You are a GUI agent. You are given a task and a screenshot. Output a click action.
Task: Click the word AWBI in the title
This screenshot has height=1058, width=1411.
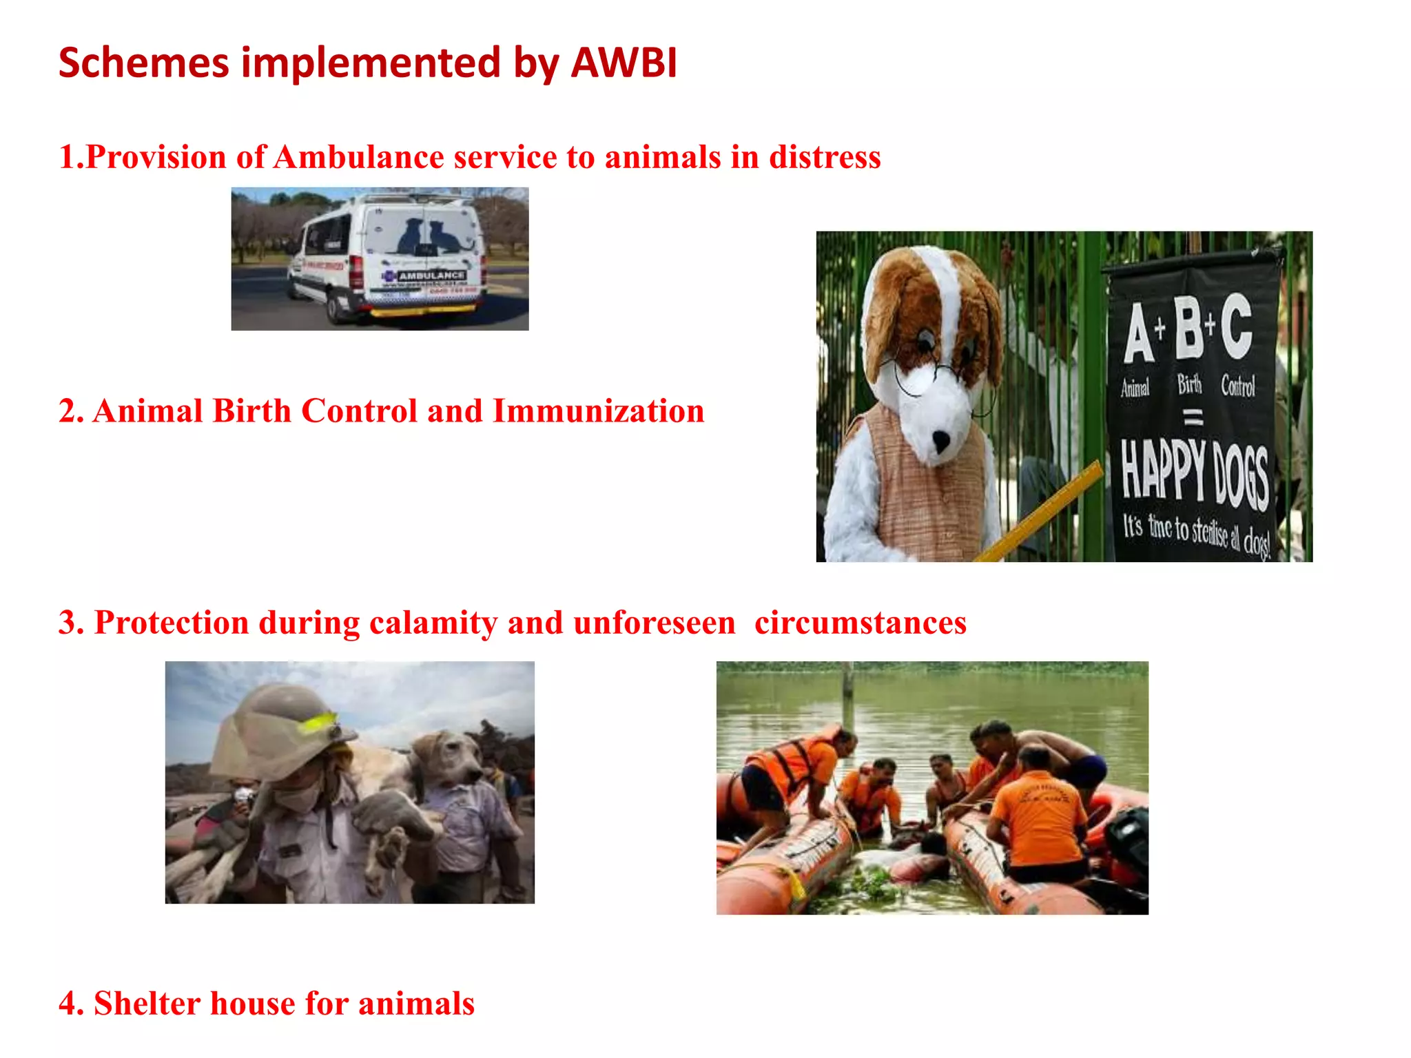click(x=624, y=63)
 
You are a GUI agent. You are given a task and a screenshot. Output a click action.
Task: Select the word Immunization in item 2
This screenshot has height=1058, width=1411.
click(x=598, y=411)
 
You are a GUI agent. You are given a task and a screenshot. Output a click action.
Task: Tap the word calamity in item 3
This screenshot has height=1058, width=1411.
click(x=433, y=623)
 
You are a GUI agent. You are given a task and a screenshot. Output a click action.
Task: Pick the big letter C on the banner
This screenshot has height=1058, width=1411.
click(x=1237, y=325)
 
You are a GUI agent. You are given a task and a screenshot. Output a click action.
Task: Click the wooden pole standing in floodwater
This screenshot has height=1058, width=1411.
click(x=848, y=696)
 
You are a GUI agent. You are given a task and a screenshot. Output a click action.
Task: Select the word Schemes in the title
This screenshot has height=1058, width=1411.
click(x=143, y=63)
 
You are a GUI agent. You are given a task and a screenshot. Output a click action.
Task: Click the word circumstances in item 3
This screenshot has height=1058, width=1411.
click(x=860, y=623)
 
